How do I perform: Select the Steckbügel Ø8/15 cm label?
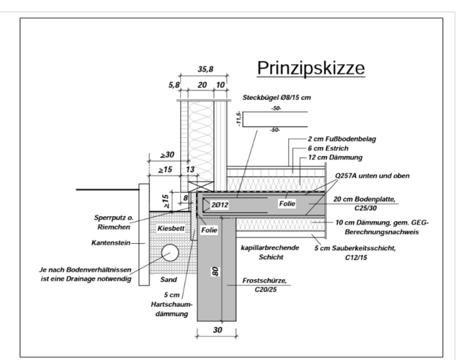coord(276,97)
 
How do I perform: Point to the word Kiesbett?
coord(167,229)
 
